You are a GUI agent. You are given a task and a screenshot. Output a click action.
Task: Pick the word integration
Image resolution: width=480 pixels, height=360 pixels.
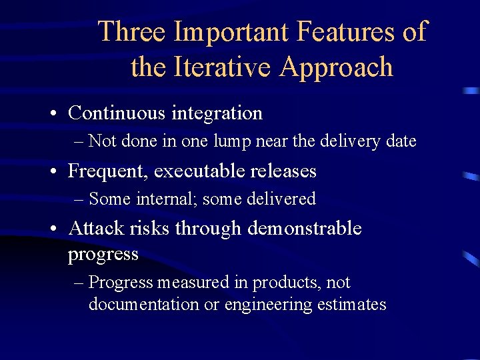[x=217, y=113]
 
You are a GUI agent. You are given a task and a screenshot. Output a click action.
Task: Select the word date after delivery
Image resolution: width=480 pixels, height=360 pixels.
[x=401, y=141]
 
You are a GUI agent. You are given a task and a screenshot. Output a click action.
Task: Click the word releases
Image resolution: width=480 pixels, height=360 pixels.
[x=283, y=171]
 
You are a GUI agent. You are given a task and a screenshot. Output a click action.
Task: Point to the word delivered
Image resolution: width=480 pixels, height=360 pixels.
[x=283, y=199]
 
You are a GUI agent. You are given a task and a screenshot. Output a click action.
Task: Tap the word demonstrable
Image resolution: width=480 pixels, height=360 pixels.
[x=305, y=229]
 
